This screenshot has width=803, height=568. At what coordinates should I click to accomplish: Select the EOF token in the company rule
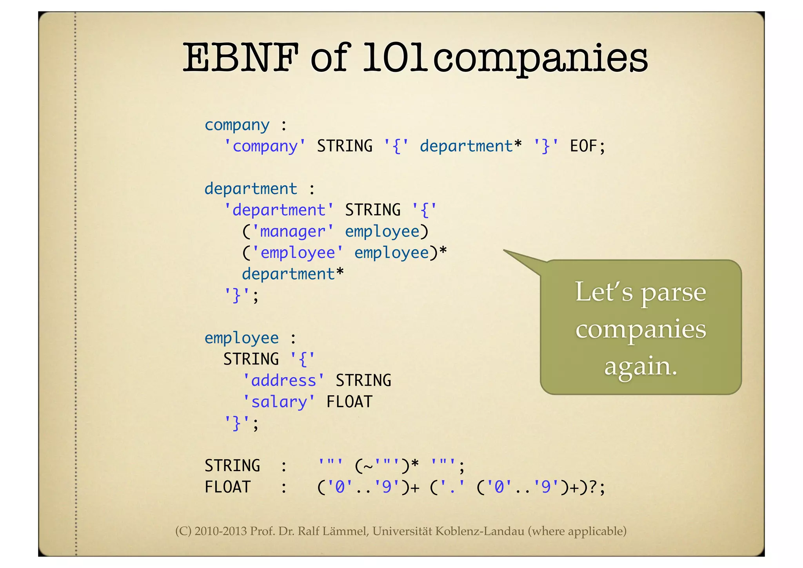pyautogui.click(x=583, y=146)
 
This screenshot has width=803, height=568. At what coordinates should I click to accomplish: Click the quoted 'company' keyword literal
pyautogui.click(x=265, y=146)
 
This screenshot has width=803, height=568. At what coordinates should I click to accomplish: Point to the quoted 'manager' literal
pyautogui.click(x=292, y=231)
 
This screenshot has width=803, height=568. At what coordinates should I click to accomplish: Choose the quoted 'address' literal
pyautogui.click(x=283, y=380)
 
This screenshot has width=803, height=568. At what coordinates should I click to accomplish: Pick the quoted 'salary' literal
pyautogui.click(x=278, y=402)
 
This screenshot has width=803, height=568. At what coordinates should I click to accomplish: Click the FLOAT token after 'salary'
pyautogui.click(x=349, y=402)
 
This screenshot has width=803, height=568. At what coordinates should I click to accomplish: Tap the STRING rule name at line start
pyautogui.click(x=232, y=466)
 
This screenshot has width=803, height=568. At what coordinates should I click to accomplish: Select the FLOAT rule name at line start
pyautogui.click(x=227, y=487)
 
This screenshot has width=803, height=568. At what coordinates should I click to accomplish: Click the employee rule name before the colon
pyautogui.click(x=242, y=338)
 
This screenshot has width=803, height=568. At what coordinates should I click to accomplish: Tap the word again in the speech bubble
pyautogui.click(x=641, y=367)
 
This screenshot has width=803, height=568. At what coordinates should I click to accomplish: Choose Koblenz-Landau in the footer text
pyautogui.click(x=480, y=531)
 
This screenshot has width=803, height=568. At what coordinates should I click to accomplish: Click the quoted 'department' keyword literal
pyautogui.click(x=278, y=210)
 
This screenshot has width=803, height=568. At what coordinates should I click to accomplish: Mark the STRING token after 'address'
pyautogui.click(x=363, y=380)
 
